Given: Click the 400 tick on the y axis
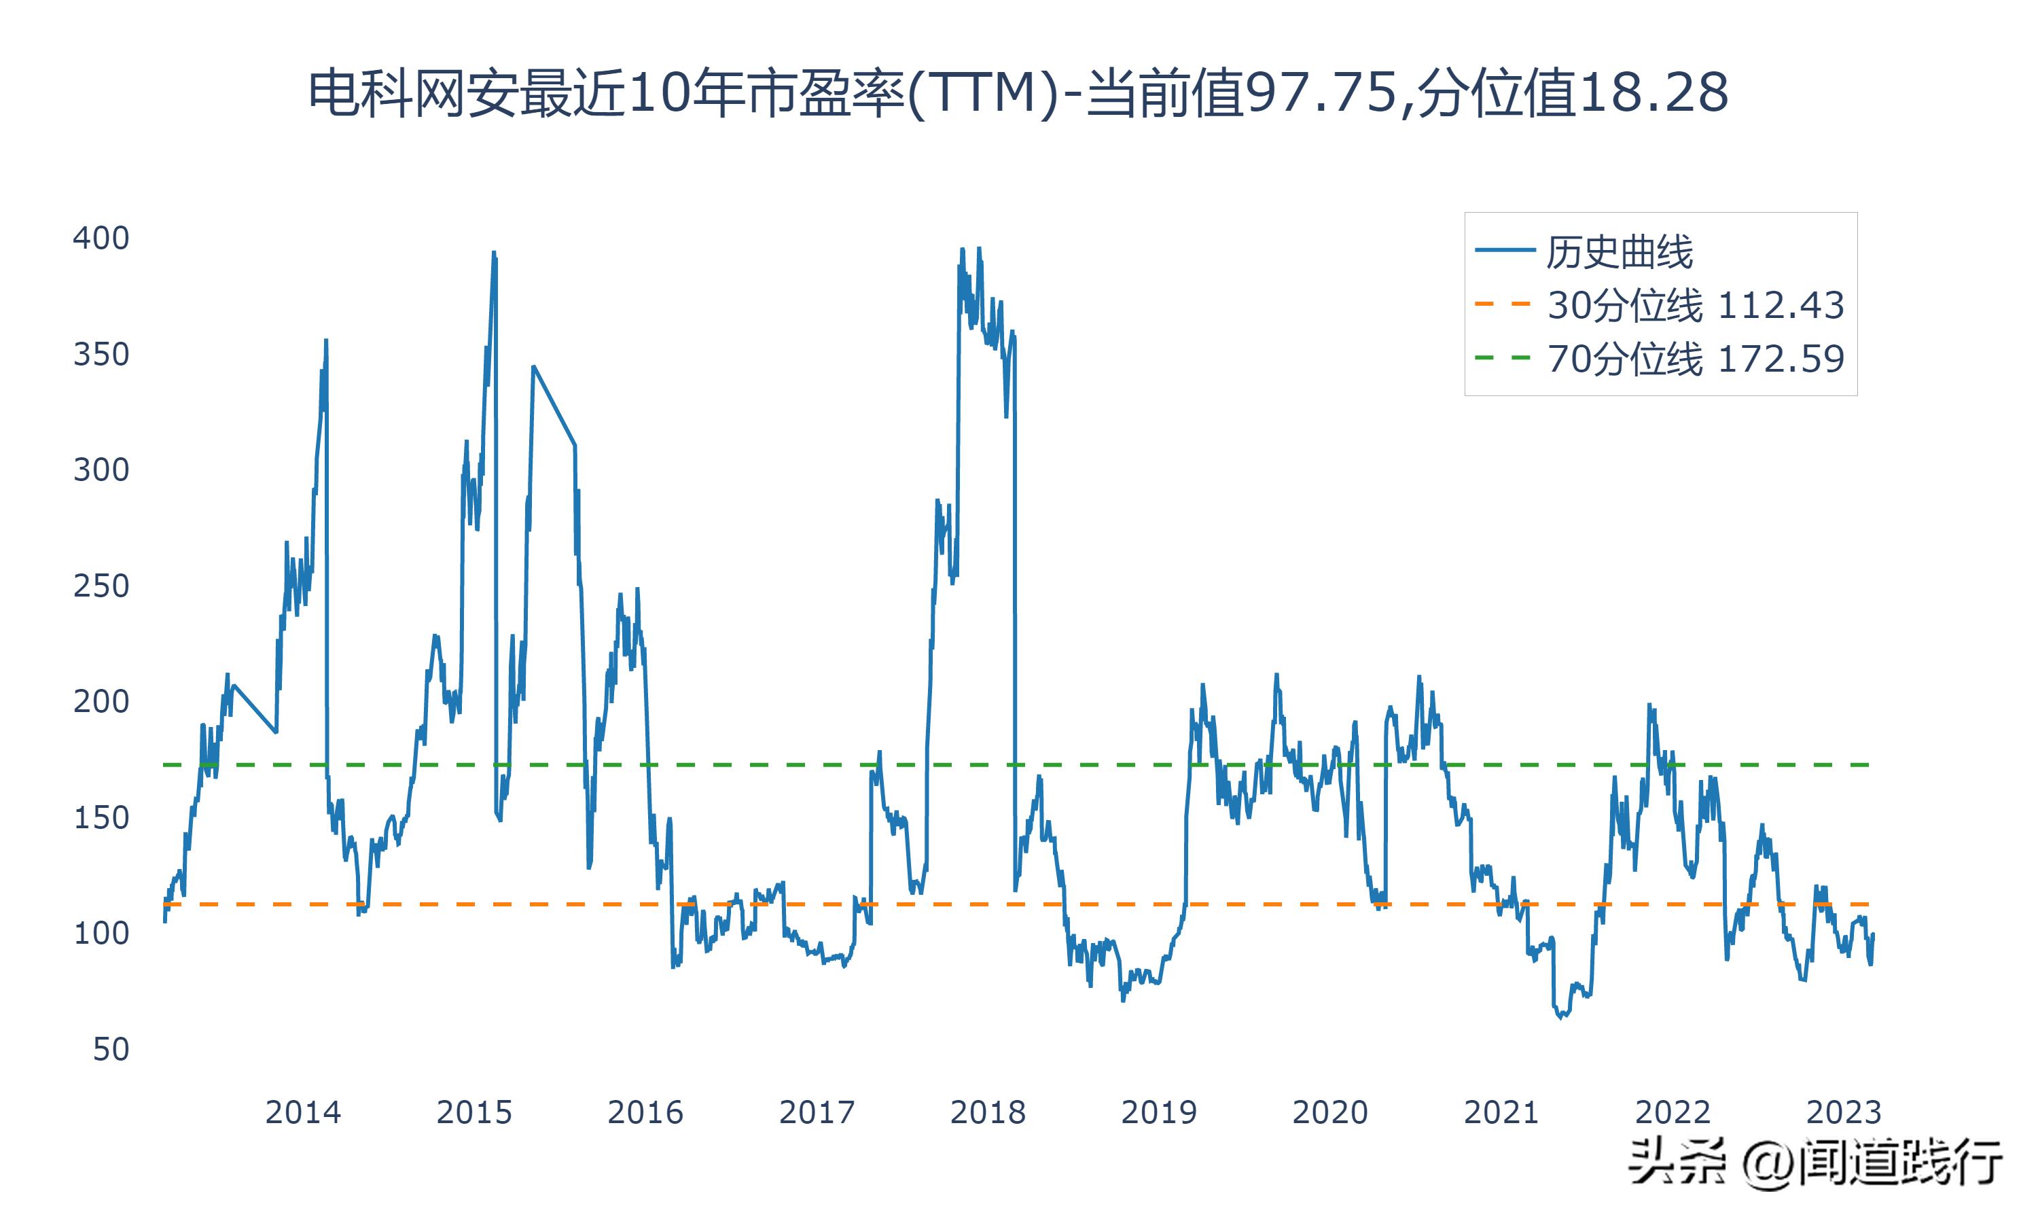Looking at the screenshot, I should click(x=101, y=238).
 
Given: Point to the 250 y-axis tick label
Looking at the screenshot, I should click(x=101, y=586).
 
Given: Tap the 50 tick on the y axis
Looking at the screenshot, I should click(x=111, y=1049).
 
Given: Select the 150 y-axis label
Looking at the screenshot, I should click(x=101, y=817).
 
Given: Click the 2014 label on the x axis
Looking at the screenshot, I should click(x=302, y=1112).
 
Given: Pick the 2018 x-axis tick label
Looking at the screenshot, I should click(x=988, y=1112).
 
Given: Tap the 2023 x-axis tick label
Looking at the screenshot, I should click(x=1844, y=1112).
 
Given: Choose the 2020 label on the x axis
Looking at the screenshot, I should click(x=1329, y=1112).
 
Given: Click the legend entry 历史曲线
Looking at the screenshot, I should click(x=1620, y=252).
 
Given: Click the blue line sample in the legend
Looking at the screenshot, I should click(x=1504, y=251).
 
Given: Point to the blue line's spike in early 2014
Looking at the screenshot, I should click(x=326, y=340).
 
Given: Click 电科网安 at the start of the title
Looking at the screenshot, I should click(x=387, y=92).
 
